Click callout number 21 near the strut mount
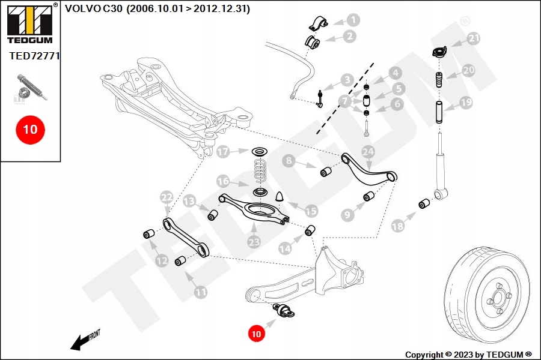(474, 38)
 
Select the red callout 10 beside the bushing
(257, 333)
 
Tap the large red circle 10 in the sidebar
(30, 129)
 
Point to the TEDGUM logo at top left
(29, 24)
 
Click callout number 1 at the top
(353, 20)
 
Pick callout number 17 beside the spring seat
(223, 152)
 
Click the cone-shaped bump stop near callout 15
(281, 196)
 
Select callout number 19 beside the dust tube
(466, 103)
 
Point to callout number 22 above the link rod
(167, 196)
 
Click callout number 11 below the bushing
(200, 292)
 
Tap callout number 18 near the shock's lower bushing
(397, 226)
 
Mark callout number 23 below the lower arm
(254, 241)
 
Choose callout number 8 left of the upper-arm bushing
(289, 160)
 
